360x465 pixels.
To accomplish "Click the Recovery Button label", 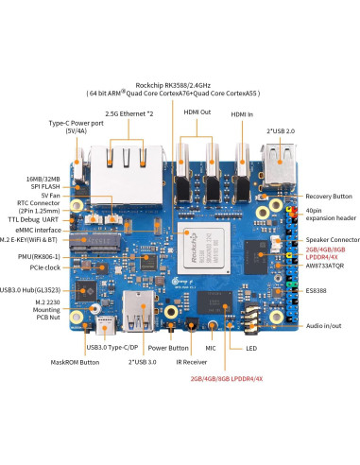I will pos(327,196).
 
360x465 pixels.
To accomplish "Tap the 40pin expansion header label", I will pos(327,213).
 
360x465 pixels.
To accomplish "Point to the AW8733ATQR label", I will pos(329,266).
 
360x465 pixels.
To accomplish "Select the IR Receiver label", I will pos(193,361).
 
